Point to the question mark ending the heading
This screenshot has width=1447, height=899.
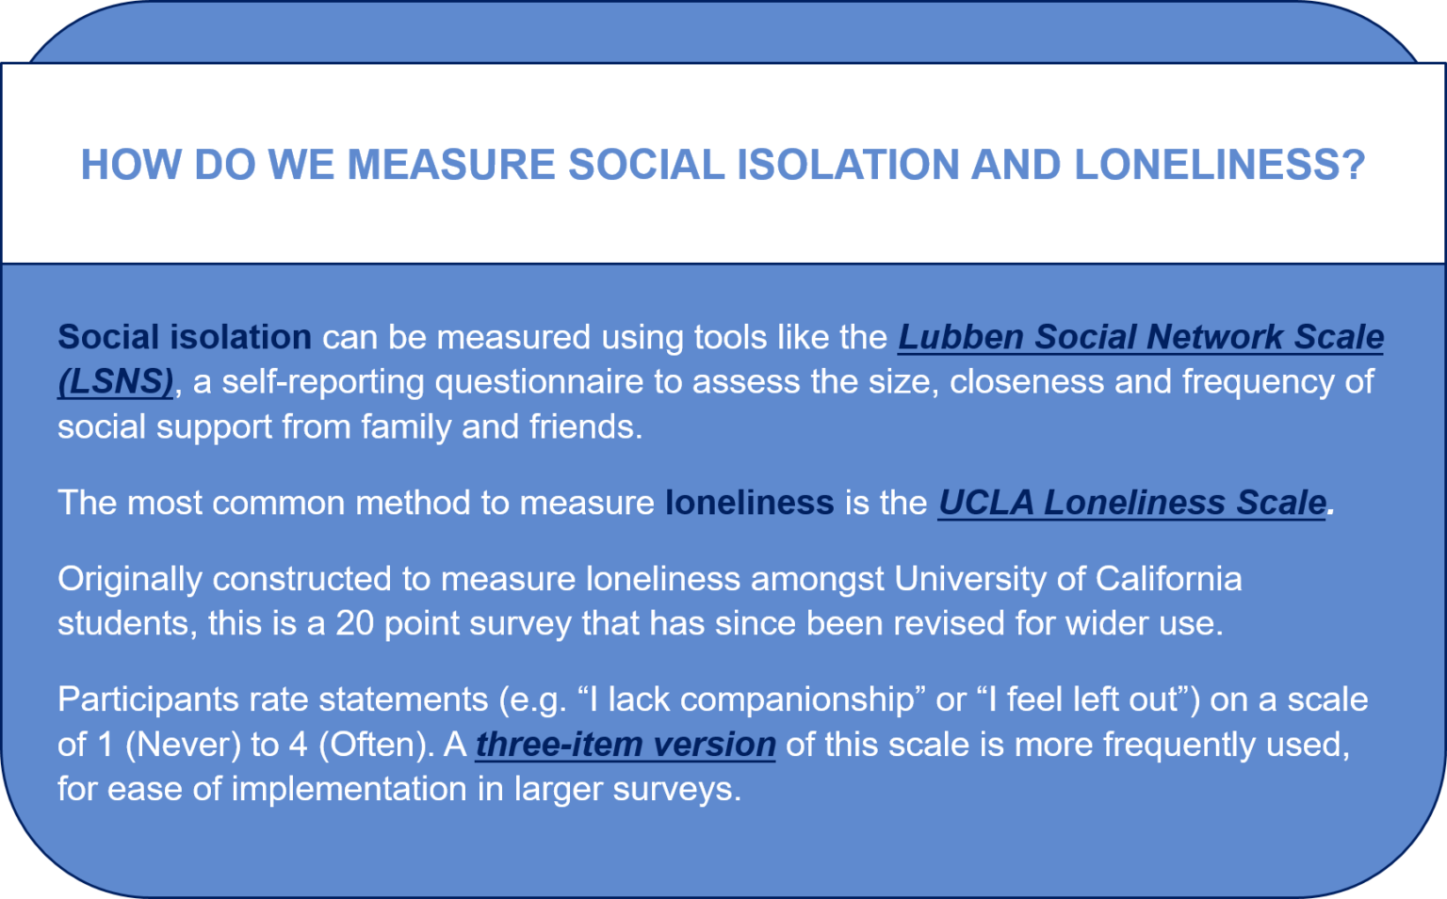point(1354,165)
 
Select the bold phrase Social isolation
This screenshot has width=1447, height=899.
point(184,337)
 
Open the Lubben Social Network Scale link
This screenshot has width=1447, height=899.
point(1140,337)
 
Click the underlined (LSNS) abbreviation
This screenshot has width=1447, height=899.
point(115,382)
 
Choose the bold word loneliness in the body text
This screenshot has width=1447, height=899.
point(749,503)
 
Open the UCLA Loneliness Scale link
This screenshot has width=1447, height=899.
point(1131,503)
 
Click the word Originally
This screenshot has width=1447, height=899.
point(129,579)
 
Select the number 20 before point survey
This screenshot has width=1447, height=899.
point(355,623)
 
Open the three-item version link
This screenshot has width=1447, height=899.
point(626,745)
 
